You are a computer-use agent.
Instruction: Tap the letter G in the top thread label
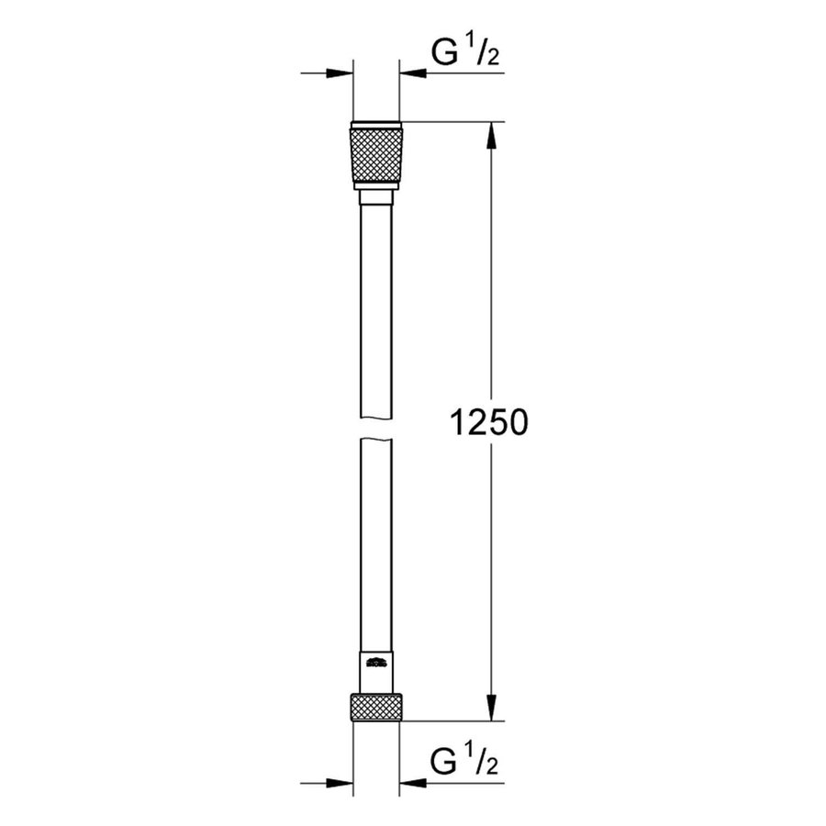(445, 57)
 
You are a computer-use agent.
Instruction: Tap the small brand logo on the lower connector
(374, 661)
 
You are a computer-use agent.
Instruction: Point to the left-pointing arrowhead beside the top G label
(410, 73)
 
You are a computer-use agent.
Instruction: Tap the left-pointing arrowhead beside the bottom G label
(410, 783)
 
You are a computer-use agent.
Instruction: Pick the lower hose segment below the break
(375, 541)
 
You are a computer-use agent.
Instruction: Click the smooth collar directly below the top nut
(375, 199)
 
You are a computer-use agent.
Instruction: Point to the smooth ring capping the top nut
(375, 126)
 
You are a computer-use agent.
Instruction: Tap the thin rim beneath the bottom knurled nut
(375, 721)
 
